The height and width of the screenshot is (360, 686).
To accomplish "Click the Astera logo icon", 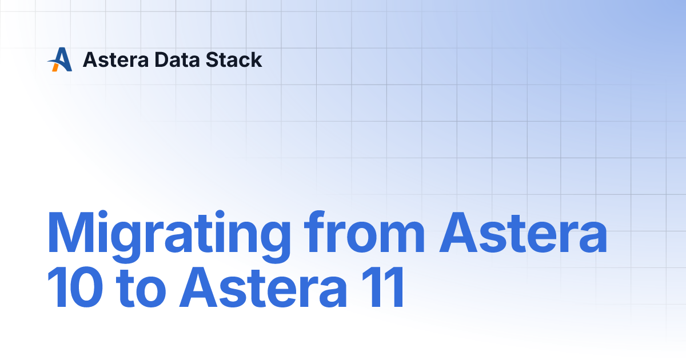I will click(x=60, y=59).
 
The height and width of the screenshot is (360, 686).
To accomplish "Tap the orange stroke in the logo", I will click(x=55, y=67).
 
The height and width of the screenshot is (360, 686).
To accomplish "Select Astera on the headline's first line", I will click(x=523, y=233).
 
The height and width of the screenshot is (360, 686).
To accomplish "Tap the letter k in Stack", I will click(x=257, y=59).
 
